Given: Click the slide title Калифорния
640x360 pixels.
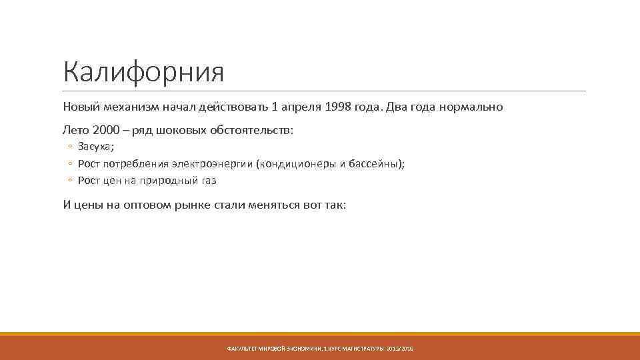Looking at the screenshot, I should click(143, 72).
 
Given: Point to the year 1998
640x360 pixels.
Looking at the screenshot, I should click(339, 107).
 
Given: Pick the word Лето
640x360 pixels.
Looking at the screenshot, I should click(76, 130).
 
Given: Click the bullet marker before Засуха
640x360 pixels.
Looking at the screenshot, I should click(69, 147).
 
